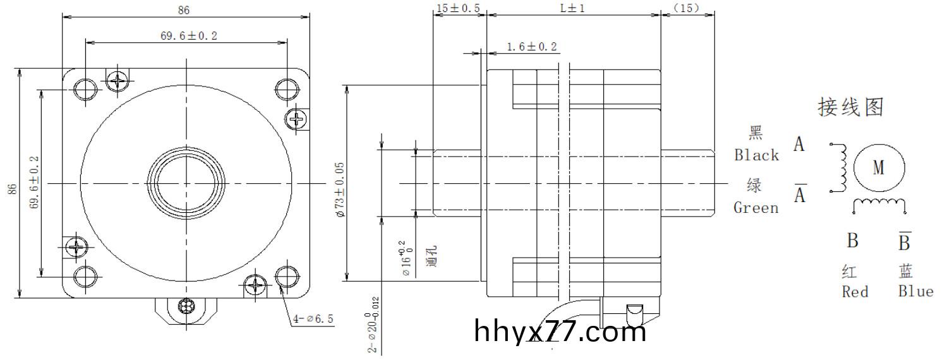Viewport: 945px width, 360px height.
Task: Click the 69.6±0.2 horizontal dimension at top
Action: (x=188, y=36)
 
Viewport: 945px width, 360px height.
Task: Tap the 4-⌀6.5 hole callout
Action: (x=314, y=320)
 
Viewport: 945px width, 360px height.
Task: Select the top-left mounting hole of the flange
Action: (x=85, y=89)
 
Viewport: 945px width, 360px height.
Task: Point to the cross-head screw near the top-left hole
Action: (x=118, y=80)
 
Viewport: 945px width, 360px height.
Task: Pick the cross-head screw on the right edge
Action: (x=297, y=117)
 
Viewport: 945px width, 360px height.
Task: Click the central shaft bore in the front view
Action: (x=186, y=184)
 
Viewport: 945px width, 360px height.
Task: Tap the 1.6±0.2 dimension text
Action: (x=531, y=47)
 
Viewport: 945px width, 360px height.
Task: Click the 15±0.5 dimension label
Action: (x=458, y=8)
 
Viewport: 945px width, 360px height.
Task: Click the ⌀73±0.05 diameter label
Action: (x=340, y=189)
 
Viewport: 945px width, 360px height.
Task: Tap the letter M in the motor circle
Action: (x=879, y=168)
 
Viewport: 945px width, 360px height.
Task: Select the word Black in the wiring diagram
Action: (x=756, y=155)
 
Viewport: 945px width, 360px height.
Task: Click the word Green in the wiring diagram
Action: (x=755, y=208)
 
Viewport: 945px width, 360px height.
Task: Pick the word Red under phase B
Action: (x=855, y=292)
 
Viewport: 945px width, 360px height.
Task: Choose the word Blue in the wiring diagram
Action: (x=915, y=291)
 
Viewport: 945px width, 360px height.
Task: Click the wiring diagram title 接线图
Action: (x=850, y=107)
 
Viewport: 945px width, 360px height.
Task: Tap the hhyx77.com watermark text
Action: (x=560, y=331)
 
